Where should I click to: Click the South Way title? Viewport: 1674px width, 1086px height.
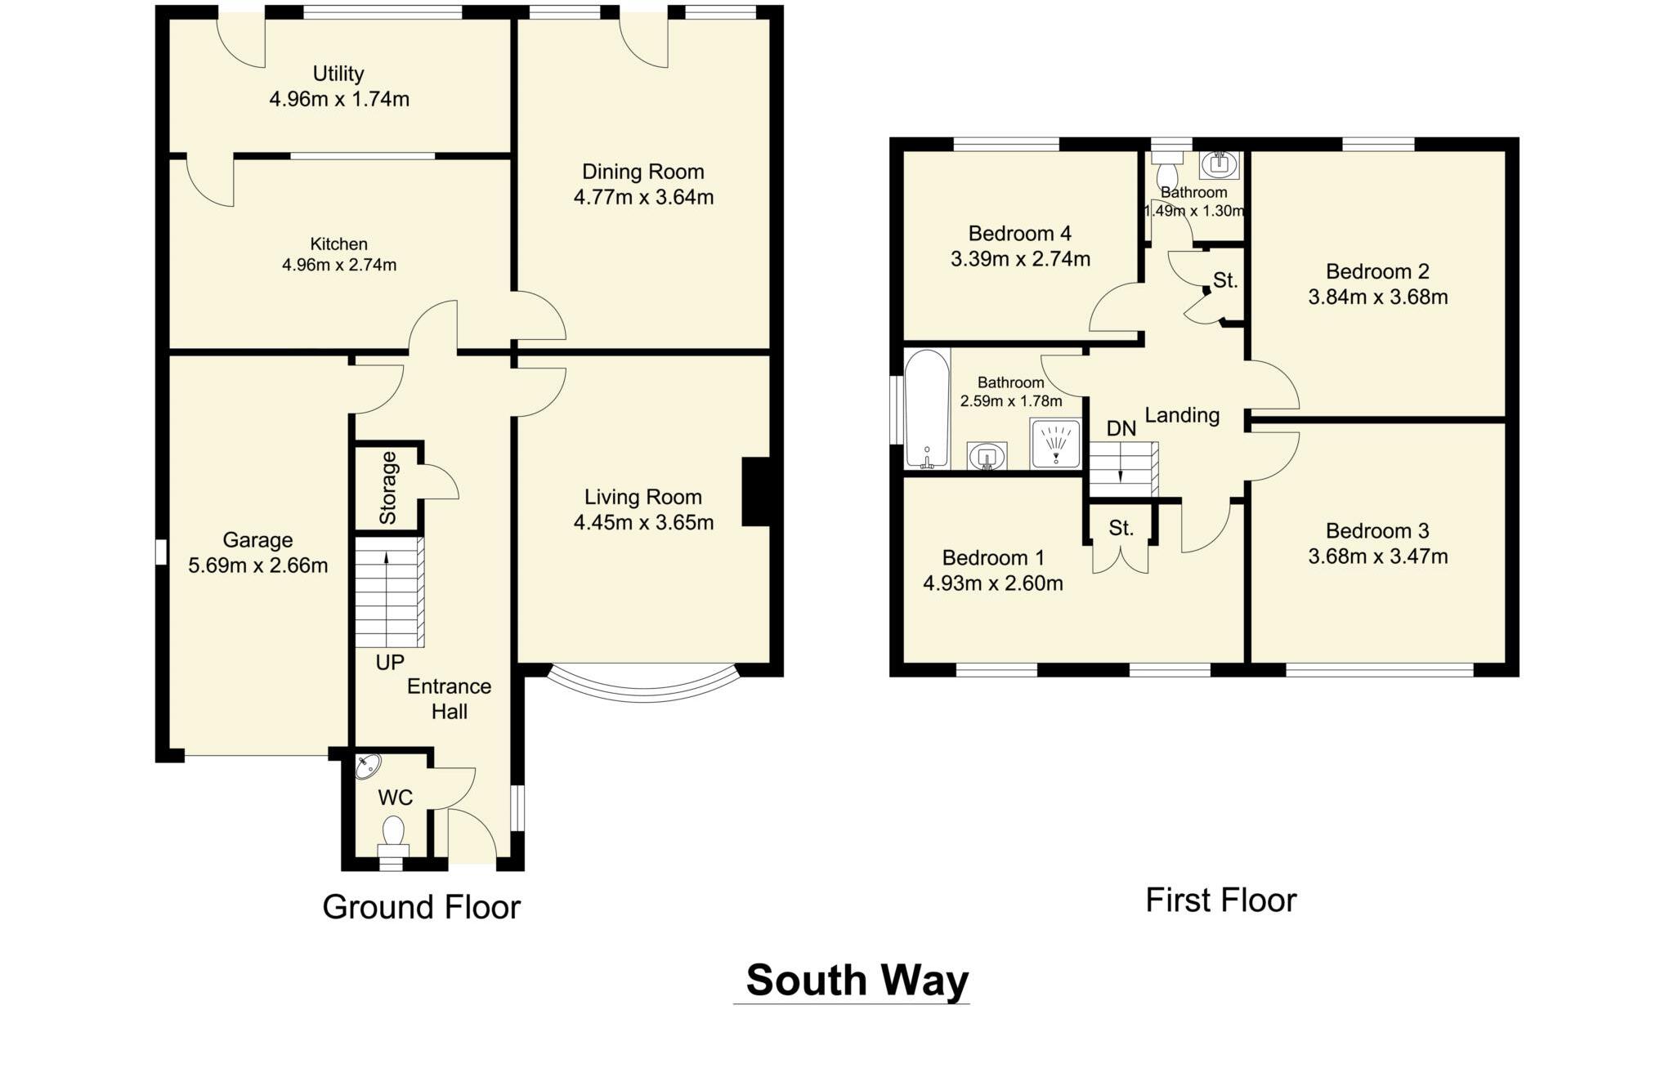tap(857, 980)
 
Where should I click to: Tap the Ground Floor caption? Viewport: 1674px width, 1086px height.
tap(421, 907)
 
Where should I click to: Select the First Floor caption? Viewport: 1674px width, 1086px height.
tap(1220, 901)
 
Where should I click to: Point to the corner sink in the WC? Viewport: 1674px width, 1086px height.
tap(368, 766)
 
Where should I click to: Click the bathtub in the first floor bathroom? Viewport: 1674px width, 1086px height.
tap(927, 409)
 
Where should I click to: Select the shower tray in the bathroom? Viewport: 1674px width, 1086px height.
tap(1055, 444)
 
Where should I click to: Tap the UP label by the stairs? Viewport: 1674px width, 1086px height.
tap(389, 662)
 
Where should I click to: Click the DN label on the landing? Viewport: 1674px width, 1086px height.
tap(1121, 428)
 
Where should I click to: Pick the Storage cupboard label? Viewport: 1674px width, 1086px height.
tap(388, 488)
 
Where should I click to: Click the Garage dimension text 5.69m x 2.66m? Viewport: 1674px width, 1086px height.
tap(258, 565)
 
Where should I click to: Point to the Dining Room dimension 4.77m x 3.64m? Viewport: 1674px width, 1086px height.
tap(643, 197)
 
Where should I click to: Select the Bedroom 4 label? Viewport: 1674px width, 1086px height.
tap(1019, 234)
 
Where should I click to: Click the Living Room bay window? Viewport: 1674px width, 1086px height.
tap(644, 686)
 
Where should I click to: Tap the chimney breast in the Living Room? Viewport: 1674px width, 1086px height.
tap(756, 490)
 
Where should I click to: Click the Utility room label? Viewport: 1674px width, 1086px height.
tap(338, 74)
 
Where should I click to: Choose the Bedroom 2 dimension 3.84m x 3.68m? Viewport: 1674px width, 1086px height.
tap(1377, 297)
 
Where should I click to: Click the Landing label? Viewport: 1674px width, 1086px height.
tap(1182, 415)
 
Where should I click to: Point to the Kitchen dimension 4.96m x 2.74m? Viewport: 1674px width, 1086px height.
tap(339, 265)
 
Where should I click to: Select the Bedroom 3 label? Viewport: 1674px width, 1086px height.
tap(1377, 531)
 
